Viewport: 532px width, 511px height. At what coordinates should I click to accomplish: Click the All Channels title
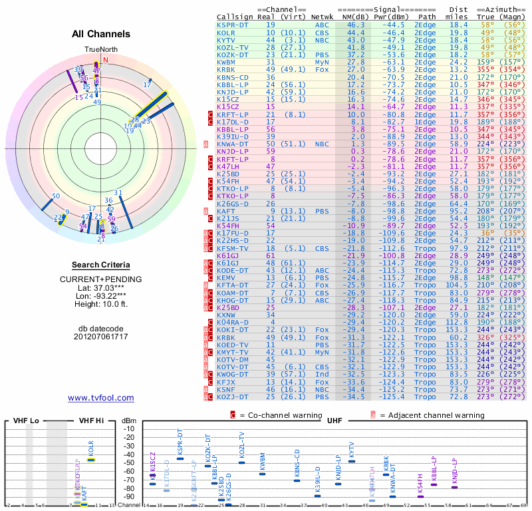(x=101, y=34)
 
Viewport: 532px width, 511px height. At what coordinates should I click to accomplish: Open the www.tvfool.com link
(x=101, y=398)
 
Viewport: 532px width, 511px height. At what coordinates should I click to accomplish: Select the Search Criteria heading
(x=101, y=265)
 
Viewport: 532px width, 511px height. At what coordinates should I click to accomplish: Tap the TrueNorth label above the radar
(x=100, y=50)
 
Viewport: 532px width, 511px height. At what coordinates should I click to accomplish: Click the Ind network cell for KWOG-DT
(x=321, y=374)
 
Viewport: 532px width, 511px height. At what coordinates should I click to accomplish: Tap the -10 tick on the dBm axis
(x=129, y=428)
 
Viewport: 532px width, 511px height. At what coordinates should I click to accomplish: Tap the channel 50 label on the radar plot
(x=56, y=196)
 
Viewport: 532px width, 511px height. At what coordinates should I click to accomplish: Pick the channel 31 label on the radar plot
(x=118, y=193)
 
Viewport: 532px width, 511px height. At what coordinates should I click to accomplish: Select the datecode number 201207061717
(x=101, y=337)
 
